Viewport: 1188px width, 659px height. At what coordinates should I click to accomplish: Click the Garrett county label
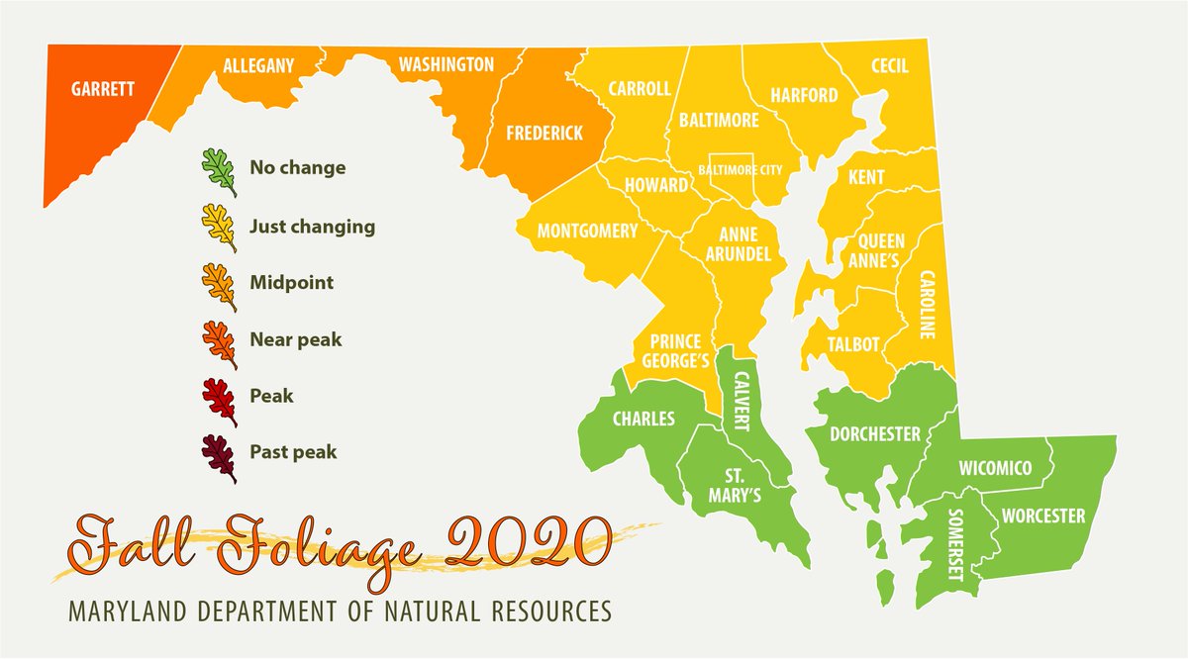pyautogui.click(x=102, y=87)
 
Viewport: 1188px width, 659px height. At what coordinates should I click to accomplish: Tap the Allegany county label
pyautogui.click(x=258, y=66)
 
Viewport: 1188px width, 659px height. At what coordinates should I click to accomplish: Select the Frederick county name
pyautogui.click(x=544, y=133)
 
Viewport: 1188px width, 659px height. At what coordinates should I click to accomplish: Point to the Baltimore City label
pyautogui.click(x=741, y=170)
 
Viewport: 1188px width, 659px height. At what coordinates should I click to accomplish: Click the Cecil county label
pyautogui.click(x=889, y=66)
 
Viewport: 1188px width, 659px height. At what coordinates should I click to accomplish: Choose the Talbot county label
pyautogui.click(x=853, y=344)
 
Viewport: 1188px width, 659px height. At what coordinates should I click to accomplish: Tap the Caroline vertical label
pyautogui.click(x=928, y=306)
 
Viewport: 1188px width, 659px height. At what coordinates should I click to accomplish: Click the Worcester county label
pyautogui.click(x=1043, y=516)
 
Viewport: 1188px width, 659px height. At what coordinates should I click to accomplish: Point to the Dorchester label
pyautogui.click(x=875, y=433)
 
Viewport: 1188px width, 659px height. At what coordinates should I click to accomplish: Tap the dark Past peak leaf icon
pyautogui.click(x=219, y=456)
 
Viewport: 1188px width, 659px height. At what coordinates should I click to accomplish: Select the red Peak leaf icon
pyautogui.click(x=219, y=399)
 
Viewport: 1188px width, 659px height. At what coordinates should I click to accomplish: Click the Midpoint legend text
pyautogui.click(x=291, y=283)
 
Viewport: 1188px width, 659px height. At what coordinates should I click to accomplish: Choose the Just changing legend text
pyautogui.click(x=312, y=227)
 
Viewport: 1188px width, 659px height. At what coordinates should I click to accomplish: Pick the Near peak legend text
pyautogui.click(x=295, y=339)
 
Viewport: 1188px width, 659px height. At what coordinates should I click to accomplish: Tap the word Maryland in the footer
pyautogui.click(x=128, y=611)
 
